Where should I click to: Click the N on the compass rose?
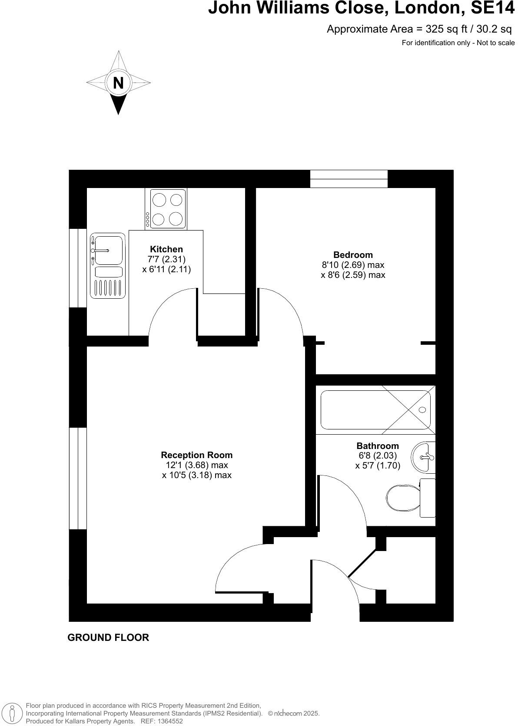tap(118, 82)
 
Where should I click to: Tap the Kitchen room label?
tap(166, 249)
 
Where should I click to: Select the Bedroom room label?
tap(353, 255)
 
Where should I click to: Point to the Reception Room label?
tap(197, 455)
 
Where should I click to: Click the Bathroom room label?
tap(378, 446)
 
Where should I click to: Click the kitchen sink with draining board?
tap(108, 266)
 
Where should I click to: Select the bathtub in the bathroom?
tap(375, 410)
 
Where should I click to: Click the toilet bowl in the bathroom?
tap(403, 498)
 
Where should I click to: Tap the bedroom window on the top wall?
tap(349, 179)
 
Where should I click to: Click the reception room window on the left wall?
tap(78, 478)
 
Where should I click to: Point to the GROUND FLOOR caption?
tap(108, 637)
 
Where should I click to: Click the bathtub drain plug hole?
tap(422, 410)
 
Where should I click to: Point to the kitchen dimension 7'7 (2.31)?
tap(166, 259)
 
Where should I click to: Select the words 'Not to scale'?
tap(496, 43)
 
